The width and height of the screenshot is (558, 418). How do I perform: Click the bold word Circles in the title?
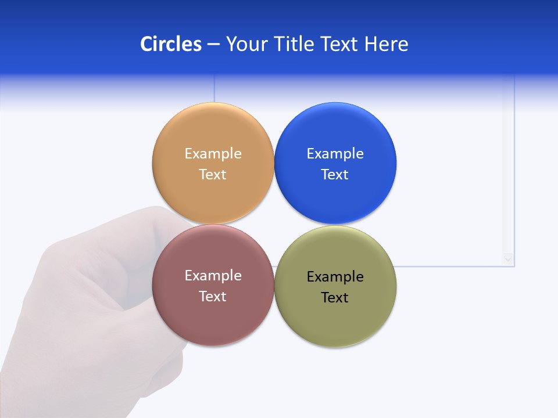[170, 44]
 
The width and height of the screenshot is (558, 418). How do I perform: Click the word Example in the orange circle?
[213, 154]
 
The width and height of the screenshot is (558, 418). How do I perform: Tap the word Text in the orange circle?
[213, 175]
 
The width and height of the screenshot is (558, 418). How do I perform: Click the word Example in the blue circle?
[335, 154]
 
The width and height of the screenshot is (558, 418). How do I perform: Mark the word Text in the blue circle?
[335, 175]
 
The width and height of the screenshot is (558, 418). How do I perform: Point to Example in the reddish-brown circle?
[213, 276]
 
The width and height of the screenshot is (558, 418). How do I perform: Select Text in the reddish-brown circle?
[213, 297]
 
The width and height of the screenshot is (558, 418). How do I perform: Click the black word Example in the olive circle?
[335, 277]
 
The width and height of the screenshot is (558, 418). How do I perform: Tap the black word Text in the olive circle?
[335, 298]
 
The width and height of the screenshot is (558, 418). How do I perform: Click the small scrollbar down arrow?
[509, 259]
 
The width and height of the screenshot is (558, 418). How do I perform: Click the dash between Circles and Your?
[213, 45]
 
